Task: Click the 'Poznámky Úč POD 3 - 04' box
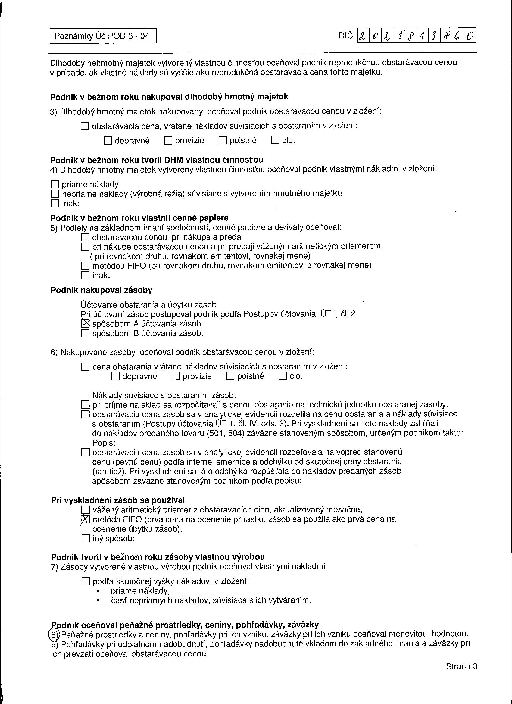[103, 36]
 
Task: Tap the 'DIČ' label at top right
[346, 36]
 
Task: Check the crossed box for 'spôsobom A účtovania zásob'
[85, 324]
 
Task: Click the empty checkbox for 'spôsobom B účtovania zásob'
[85, 333]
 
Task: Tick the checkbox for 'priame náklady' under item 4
[55, 184]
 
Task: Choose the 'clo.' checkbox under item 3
[275, 140]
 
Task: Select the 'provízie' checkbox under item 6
[176, 376]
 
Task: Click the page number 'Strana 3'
[461, 666]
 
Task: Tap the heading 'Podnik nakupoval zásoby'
[101, 290]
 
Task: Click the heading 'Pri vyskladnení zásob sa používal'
[118, 500]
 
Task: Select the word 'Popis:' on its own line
[104, 443]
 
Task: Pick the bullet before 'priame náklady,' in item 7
[98, 591]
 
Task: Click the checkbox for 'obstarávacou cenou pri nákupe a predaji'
[85, 238]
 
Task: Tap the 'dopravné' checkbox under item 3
[108, 141]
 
